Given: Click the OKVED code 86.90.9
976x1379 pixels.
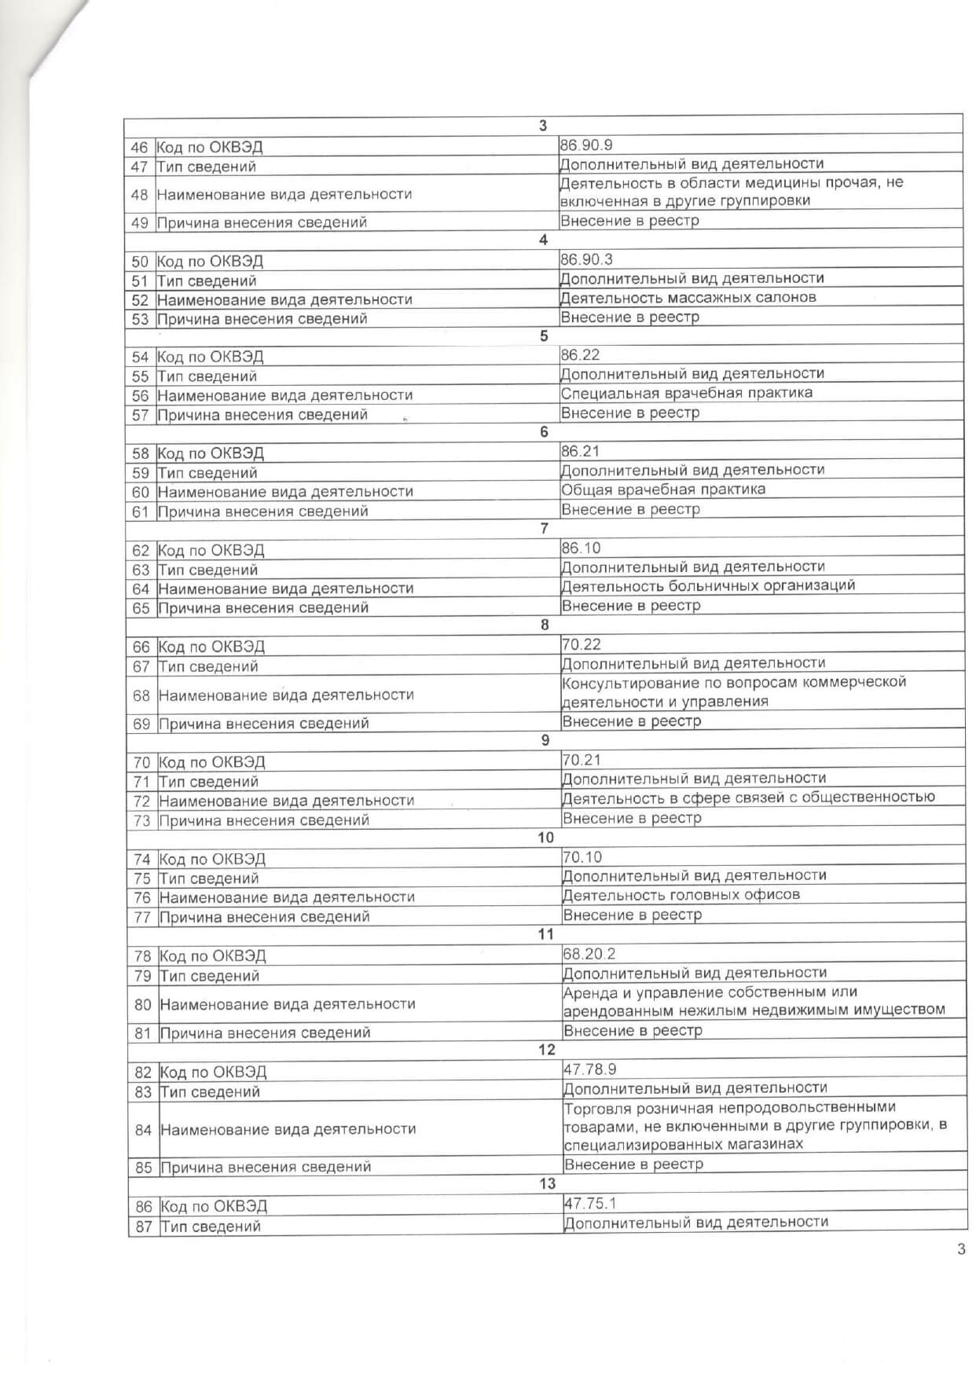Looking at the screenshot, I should click(585, 145).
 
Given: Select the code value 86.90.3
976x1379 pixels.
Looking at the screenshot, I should click(585, 259).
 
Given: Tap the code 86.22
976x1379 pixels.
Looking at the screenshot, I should click(580, 355).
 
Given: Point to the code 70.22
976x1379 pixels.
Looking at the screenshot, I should click(582, 645).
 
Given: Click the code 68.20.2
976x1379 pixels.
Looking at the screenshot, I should click(589, 954).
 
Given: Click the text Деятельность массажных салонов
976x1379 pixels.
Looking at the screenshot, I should click(688, 298).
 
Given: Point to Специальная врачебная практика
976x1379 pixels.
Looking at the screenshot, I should click(687, 393).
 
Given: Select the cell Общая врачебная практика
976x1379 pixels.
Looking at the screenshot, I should click(663, 490).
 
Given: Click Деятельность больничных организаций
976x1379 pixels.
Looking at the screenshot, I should click(708, 586).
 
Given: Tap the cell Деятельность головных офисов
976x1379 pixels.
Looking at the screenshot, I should click(681, 895).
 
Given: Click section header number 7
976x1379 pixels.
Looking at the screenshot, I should click(544, 529).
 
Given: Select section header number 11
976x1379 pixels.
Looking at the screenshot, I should click(545, 934).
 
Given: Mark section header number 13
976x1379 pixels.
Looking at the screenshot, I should click(547, 1184).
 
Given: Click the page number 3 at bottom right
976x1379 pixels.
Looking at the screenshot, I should click(961, 1249).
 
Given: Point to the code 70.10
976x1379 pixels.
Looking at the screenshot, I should click(582, 857).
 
